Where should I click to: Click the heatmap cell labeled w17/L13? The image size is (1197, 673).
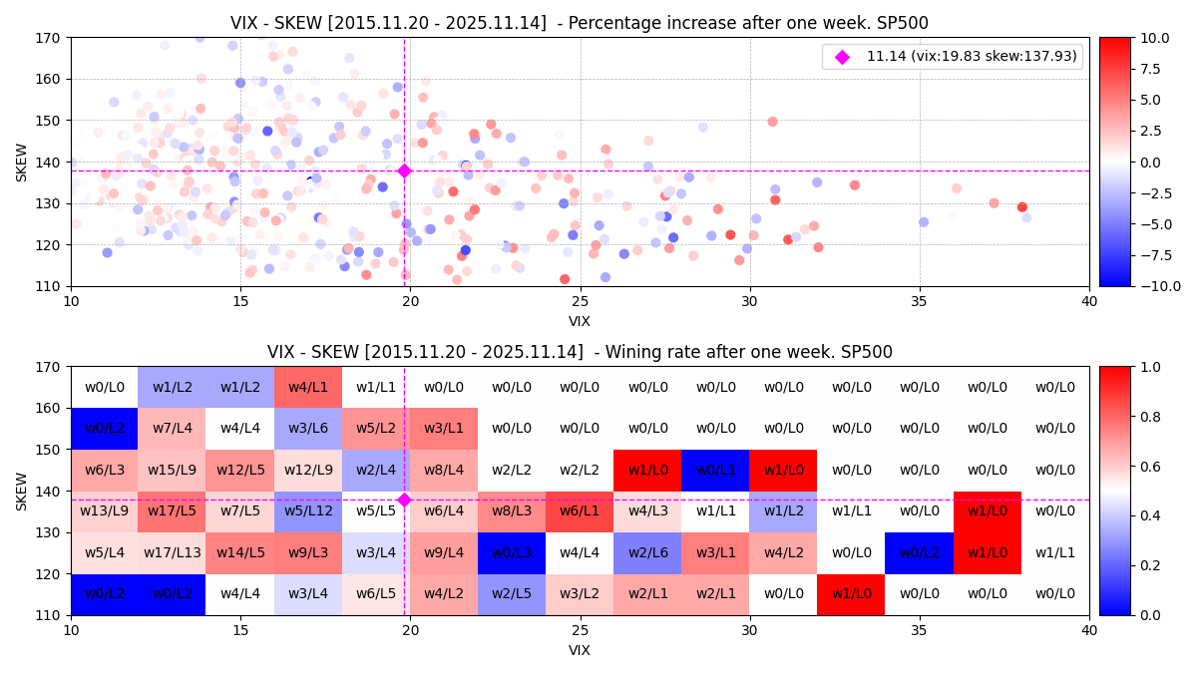[172, 552]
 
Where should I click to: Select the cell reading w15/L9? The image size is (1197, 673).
[172, 470]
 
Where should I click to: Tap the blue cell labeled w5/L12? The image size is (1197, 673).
[307, 511]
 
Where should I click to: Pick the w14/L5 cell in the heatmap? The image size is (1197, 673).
[239, 552]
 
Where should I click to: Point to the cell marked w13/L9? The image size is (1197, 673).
[104, 511]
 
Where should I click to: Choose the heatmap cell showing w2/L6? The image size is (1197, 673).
[647, 552]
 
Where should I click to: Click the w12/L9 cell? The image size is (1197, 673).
[307, 470]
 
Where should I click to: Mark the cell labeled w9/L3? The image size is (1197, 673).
[307, 552]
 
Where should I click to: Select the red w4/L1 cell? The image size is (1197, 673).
[307, 387]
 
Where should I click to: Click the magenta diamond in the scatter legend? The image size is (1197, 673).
[842, 57]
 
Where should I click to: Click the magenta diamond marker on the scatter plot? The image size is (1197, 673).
[404, 170]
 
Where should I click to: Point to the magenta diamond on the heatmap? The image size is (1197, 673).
[404, 500]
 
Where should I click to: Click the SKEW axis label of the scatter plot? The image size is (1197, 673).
[22, 162]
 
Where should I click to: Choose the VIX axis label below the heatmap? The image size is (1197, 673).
[580, 650]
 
